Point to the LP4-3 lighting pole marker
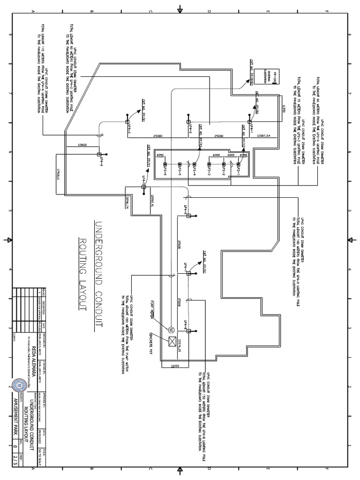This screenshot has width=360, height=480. click(x=127, y=121)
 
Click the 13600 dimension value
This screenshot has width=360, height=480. click(x=82, y=145)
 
